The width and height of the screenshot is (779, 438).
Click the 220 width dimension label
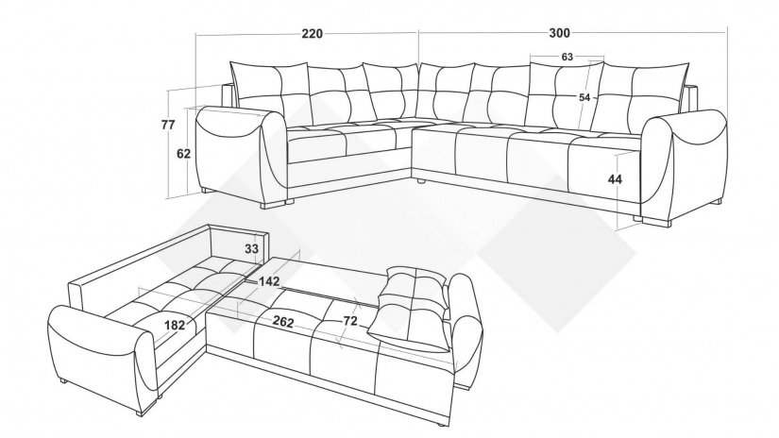point(312,34)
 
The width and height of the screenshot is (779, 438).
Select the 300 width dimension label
point(559,33)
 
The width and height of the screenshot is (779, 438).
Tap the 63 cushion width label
point(567,57)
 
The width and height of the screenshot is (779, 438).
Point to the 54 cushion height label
point(584,98)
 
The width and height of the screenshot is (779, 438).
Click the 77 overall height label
point(168,125)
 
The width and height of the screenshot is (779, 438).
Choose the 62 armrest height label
point(183,154)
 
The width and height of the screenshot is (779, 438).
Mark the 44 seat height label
point(615,179)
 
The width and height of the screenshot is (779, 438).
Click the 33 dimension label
point(252,248)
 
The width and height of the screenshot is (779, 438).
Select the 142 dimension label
point(269,281)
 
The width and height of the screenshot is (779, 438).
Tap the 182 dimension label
point(175,326)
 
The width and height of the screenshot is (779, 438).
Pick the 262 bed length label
point(282,322)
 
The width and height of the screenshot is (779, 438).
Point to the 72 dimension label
point(350,321)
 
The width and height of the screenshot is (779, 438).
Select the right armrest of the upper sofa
point(685,164)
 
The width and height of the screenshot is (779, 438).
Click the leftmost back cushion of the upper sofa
point(271,94)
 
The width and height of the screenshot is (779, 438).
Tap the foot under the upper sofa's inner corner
point(422,182)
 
